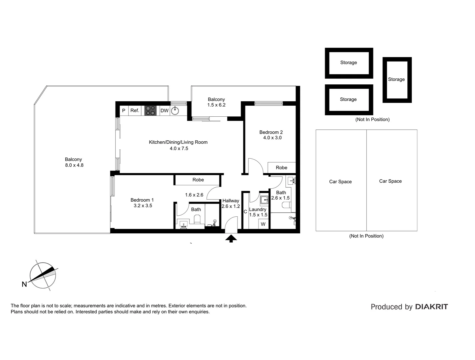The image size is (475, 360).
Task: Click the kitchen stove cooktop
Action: point(150,110)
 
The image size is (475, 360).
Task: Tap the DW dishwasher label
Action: point(165,110)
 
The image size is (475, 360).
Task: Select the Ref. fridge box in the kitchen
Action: point(135,110)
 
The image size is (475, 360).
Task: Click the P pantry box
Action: point(124,110)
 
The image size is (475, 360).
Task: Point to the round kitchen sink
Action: point(175,110)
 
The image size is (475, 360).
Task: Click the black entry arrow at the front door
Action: point(231,238)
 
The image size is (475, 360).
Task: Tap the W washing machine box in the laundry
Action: point(263,224)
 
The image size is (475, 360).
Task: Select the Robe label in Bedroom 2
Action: point(281,168)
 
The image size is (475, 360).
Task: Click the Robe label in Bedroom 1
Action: point(198,180)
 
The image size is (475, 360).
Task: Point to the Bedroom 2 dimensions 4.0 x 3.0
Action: point(272,138)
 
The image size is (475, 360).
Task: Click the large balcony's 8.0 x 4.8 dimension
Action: point(74,165)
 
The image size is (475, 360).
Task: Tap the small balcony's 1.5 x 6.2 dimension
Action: point(216,105)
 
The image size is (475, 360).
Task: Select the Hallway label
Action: point(231,201)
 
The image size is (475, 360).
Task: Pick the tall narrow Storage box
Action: point(397,80)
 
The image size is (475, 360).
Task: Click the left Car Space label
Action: point(340,182)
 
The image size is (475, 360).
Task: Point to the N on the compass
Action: point(24,284)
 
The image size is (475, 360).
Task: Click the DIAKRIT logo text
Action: point(431,307)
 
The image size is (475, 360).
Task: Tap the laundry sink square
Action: point(264,200)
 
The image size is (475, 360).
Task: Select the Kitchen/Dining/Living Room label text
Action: point(178,142)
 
